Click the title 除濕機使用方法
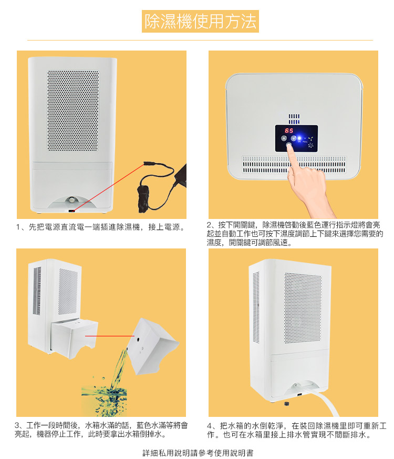[x=200, y=22]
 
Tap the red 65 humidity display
[x=289, y=131]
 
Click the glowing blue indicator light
[x=299, y=138]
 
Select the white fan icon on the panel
[x=310, y=145]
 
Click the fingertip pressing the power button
[x=289, y=146]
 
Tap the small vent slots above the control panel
[x=294, y=119]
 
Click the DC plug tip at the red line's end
[x=148, y=163]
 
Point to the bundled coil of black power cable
[x=143, y=196]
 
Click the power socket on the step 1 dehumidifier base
[x=71, y=211]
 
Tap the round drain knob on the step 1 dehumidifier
[x=71, y=200]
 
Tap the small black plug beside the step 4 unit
[x=286, y=404]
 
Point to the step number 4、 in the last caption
[x=212, y=426]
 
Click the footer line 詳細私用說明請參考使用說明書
[x=198, y=453]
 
